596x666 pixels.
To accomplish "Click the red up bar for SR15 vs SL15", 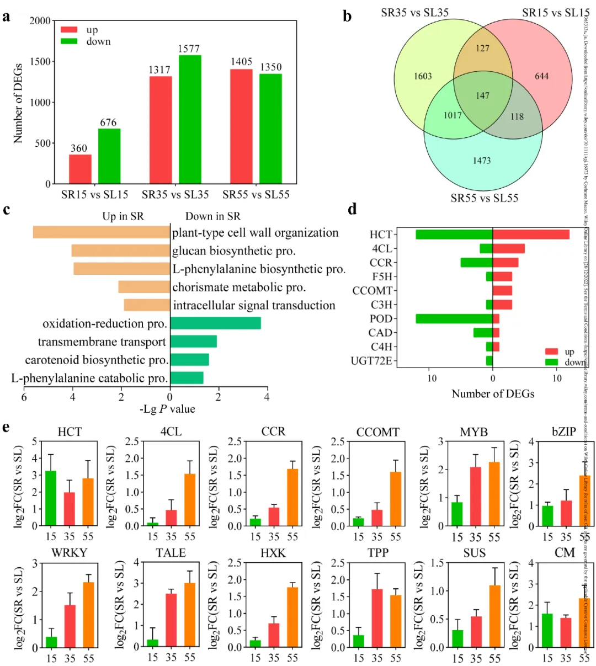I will tap(80, 169).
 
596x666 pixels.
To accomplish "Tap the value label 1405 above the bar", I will tap(241, 62).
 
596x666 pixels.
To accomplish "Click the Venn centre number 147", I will tap(482, 95).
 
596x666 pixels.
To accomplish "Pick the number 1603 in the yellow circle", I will tap(423, 76).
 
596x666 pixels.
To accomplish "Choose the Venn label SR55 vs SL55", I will tap(484, 198).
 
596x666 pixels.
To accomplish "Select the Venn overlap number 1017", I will tap(453, 115).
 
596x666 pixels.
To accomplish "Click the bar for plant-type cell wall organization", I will tap(101, 233).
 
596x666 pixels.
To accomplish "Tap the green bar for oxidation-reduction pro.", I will tap(215, 323).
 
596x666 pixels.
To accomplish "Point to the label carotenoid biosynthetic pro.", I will tap(97, 360).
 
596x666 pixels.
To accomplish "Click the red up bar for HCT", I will tap(530, 235).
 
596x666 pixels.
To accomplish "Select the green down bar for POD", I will tap(454, 319).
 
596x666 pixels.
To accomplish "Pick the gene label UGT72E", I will tap(371, 361).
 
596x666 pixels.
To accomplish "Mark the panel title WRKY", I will tap(69, 553).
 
